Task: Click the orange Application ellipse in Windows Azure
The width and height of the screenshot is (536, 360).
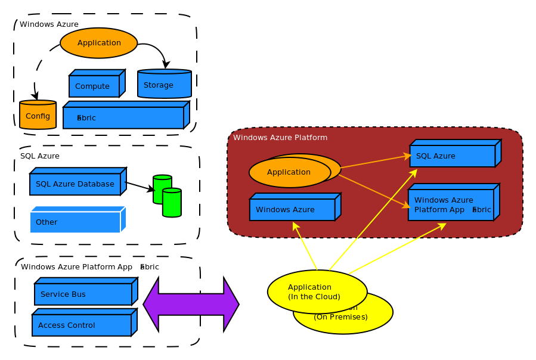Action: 99,43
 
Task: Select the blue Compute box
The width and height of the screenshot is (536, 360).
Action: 94,86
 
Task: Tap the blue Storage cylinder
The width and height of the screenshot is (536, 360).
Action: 164,85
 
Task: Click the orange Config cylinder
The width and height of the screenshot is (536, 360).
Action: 38,116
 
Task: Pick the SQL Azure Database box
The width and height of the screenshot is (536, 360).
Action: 75,184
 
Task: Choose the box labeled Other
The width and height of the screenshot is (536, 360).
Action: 75,222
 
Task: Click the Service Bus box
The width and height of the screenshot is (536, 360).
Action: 83,294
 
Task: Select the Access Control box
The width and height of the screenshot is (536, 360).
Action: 82,325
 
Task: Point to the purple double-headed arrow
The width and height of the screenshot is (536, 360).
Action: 191,305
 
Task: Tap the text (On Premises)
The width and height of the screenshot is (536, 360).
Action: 341,317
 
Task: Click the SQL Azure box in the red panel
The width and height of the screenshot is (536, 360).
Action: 452,156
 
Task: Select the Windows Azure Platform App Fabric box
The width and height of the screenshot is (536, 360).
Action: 451,205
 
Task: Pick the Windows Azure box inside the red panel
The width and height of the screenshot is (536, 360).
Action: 292,210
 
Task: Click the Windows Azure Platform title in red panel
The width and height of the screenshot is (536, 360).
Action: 280,138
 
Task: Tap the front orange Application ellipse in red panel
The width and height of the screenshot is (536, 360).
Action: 289,172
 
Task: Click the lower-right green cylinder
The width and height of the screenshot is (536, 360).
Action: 172,203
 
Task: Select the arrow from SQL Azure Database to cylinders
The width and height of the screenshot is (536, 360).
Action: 140,187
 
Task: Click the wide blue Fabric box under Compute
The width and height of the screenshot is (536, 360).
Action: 123,118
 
